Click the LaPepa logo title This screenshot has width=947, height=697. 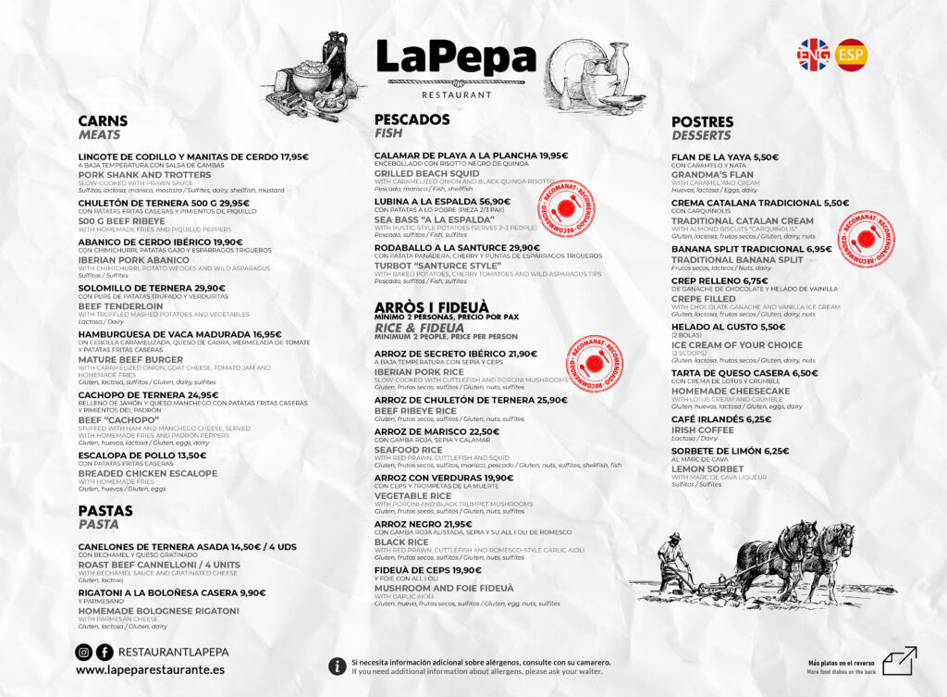pos(456,59)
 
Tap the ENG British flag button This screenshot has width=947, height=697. pos(814,55)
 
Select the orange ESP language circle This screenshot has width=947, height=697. pos(851,55)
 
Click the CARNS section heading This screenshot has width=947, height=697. pos(103,121)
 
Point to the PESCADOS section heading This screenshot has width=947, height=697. pos(412,119)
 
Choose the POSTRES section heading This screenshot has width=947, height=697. pos(702,122)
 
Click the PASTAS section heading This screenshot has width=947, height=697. pos(105,511)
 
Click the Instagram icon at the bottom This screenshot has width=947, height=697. pos(84,653)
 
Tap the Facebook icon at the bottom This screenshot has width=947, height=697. pos(105,653)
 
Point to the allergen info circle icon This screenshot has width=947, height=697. pos(338,666)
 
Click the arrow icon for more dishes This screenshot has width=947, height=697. pos(899,661)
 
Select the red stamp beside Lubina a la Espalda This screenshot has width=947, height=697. pos(566,208)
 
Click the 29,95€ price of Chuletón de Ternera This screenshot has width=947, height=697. pos(234,203)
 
